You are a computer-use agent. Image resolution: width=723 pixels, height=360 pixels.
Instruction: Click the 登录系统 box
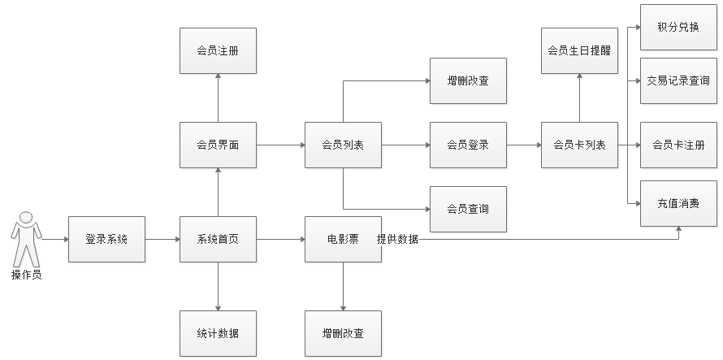pyautogui.click(x=106, y=239)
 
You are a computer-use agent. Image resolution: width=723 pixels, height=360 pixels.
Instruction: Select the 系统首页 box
pyautogui.click(x=218, y=239)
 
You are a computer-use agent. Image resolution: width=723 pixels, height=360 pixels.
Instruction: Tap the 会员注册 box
pyautogui.click(x=218, y=50)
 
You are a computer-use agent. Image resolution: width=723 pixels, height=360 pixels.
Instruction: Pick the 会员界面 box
pyautogui.click(x=218, y=145)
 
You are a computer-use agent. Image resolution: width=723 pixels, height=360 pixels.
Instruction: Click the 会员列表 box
pyautogui.click(x=343, y=145)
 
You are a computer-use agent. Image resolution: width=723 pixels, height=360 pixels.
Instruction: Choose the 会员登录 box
pyautogui.click(x=468, y=145)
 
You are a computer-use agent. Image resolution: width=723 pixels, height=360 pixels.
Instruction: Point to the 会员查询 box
pyautogui.click(x=468, y=209)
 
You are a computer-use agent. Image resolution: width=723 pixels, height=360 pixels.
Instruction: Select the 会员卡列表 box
pyautogui.click(x=579, y=145)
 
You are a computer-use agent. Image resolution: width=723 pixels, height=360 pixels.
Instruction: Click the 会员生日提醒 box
pyautogui.click(x=579, y=50)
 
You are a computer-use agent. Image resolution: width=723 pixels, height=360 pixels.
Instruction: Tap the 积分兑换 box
pyautogui.click(x=678, y=26)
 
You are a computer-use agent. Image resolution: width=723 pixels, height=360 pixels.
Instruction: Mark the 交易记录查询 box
pyautogui.click(x=678, y=80)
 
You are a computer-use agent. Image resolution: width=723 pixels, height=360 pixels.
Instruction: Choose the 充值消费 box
pyautogui.click(x=678, y=202)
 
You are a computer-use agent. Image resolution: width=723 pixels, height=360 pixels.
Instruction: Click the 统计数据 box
pyautogui.click(x=218, y=334)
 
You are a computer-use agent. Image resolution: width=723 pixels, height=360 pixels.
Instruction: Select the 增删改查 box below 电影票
pyautogui.click(x=343, y=334)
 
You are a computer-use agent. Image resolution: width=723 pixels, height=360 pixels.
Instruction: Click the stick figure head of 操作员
pyautogui.click(x=26, y=217)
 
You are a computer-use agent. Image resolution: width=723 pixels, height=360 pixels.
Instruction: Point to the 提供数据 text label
pyautogui.click(x=398, y=240)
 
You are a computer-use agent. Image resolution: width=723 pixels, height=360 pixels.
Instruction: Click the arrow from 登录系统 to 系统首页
pyautogui.click(x=162, y=239)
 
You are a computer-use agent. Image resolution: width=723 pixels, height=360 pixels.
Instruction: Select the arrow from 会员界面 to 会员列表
pyautogui.click(x=280, y=145)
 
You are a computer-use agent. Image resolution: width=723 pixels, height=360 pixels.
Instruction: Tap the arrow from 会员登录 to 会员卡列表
pyautogui.click(x=524, y=145)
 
